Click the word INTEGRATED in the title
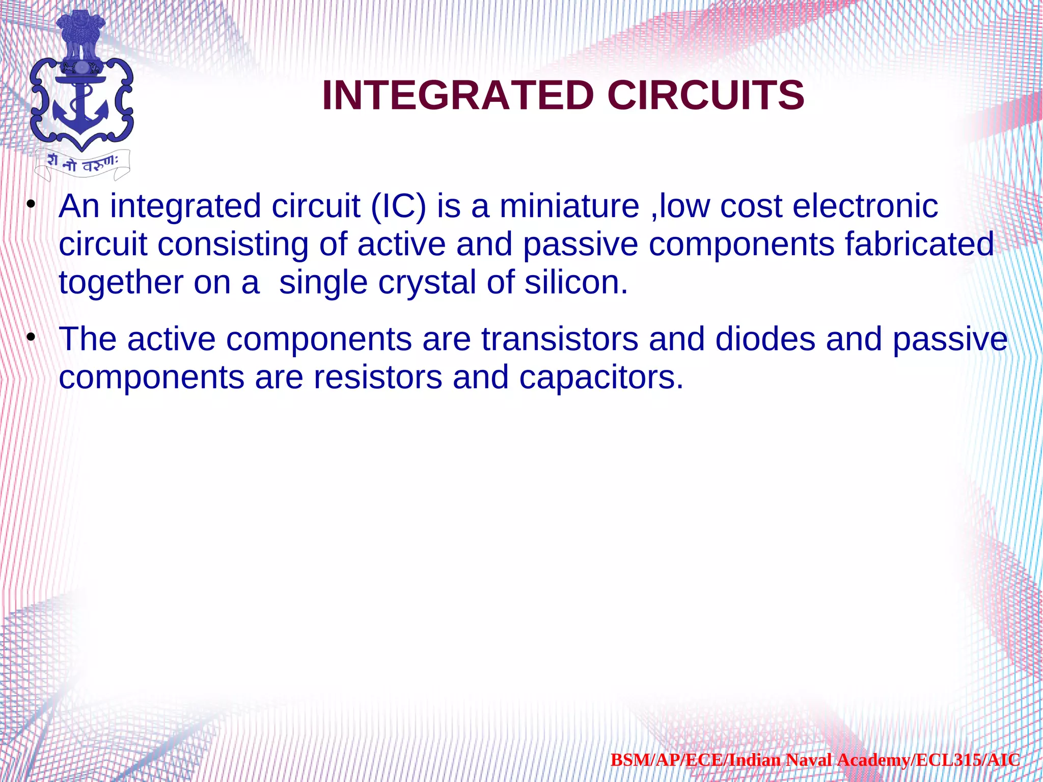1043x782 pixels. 458,95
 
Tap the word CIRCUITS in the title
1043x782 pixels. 705,95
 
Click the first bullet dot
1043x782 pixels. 31,205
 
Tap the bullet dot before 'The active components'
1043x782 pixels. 31,338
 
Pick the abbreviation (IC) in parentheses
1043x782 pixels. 398,206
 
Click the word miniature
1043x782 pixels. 569,206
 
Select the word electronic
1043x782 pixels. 865,206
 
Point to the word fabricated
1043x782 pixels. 919,244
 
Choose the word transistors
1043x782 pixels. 559,339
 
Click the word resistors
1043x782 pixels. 377,377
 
